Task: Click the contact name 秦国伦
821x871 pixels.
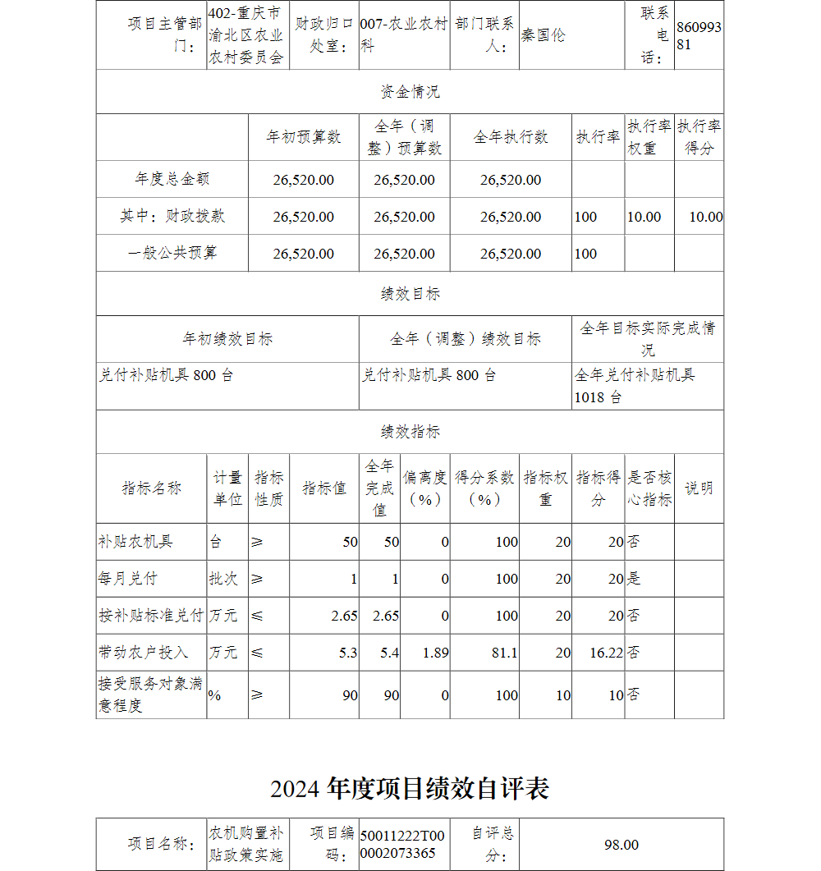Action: click(544, 35)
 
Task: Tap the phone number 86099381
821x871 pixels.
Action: click(699, 35)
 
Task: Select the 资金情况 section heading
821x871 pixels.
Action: click(410, 92)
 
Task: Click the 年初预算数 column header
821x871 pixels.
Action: click(303, 137)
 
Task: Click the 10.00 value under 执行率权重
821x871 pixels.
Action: click(644, 217)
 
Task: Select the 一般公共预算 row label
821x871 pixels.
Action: click(172, 253)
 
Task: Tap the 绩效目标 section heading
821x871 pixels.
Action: click(410, 294)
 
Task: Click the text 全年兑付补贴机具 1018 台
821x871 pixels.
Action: click(634, 386)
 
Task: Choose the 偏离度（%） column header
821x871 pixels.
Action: click(424, 488)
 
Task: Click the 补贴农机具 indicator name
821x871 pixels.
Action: click(135, 542)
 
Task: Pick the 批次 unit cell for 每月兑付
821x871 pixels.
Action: click(223, 579)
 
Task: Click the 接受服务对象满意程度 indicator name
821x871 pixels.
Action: click(150, 695)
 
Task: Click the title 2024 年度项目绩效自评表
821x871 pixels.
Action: click(410, 789)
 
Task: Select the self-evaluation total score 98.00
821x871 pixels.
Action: click(621, 845)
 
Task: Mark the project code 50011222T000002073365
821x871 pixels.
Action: click(401, 845)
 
